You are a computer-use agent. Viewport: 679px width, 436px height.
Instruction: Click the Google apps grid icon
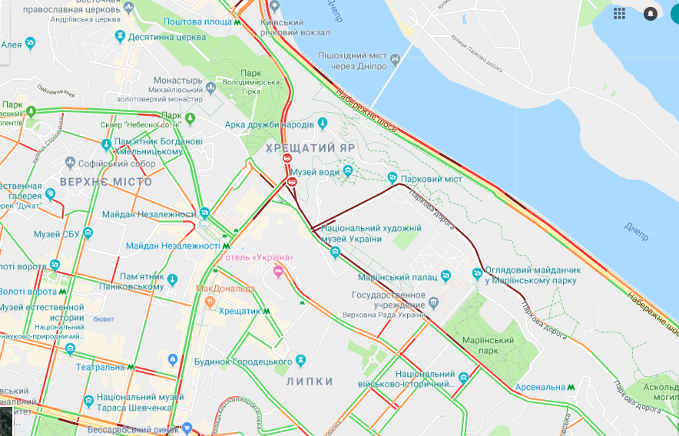point(619,13)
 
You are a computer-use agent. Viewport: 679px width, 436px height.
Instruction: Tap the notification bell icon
point(651,13)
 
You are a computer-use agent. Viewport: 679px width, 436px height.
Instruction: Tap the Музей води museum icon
point(347,170)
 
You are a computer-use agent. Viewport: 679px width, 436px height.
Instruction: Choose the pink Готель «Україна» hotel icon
point(280,270)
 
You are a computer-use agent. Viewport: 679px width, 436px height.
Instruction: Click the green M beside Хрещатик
point(267,312)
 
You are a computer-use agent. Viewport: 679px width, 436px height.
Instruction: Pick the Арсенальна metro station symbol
point(571,387)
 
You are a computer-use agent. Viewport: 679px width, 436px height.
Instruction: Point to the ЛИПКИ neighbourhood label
point(310,381)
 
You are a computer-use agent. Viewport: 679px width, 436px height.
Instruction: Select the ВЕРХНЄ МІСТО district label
point(105,182)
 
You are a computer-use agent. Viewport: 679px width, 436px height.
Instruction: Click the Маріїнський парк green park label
point(488,345)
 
